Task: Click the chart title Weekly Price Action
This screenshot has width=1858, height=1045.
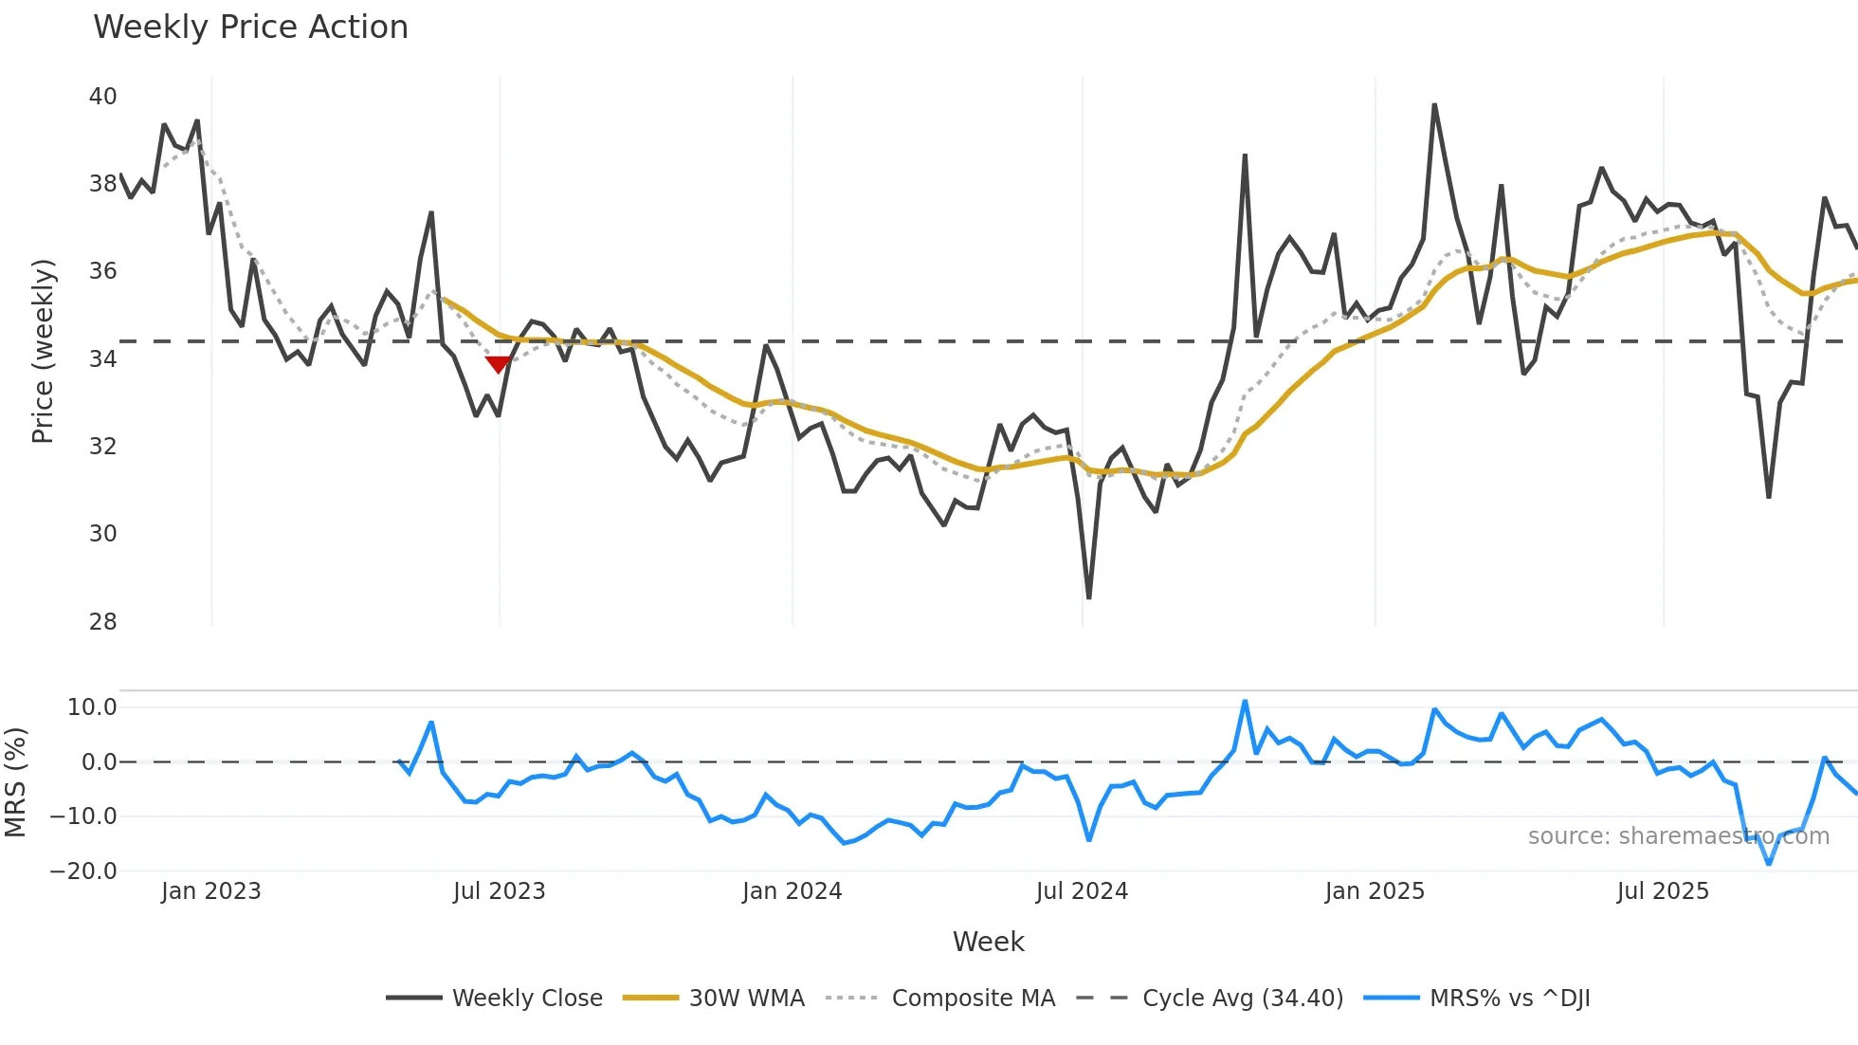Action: tap(250, 27)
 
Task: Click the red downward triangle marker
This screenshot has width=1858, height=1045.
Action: tap(498, 364)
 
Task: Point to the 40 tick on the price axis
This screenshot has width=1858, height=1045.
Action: tap(102, 96)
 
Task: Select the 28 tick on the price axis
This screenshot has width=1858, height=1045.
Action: tap(102, 621)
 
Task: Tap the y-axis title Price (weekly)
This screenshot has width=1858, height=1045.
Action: tap(43, 351)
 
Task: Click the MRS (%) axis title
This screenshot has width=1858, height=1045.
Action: tap(15, 781)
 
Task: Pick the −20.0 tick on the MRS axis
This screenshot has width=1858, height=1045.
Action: tap(83, 871)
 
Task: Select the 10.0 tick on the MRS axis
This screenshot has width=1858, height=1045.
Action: tap(91, 706)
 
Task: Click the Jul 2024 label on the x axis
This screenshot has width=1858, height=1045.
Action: tap(1082, 891)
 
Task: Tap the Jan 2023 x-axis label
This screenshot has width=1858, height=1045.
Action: tap(210, 891)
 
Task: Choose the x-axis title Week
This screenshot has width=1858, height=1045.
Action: tap(988, 942)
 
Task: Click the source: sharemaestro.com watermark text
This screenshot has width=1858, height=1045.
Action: tap(1678, 835)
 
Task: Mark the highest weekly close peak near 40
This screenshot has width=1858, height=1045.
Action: tap(1434, 105)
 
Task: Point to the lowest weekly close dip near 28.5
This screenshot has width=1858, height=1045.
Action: tap(1088, 597)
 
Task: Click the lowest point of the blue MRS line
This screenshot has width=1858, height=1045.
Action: tap(1768, 863)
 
